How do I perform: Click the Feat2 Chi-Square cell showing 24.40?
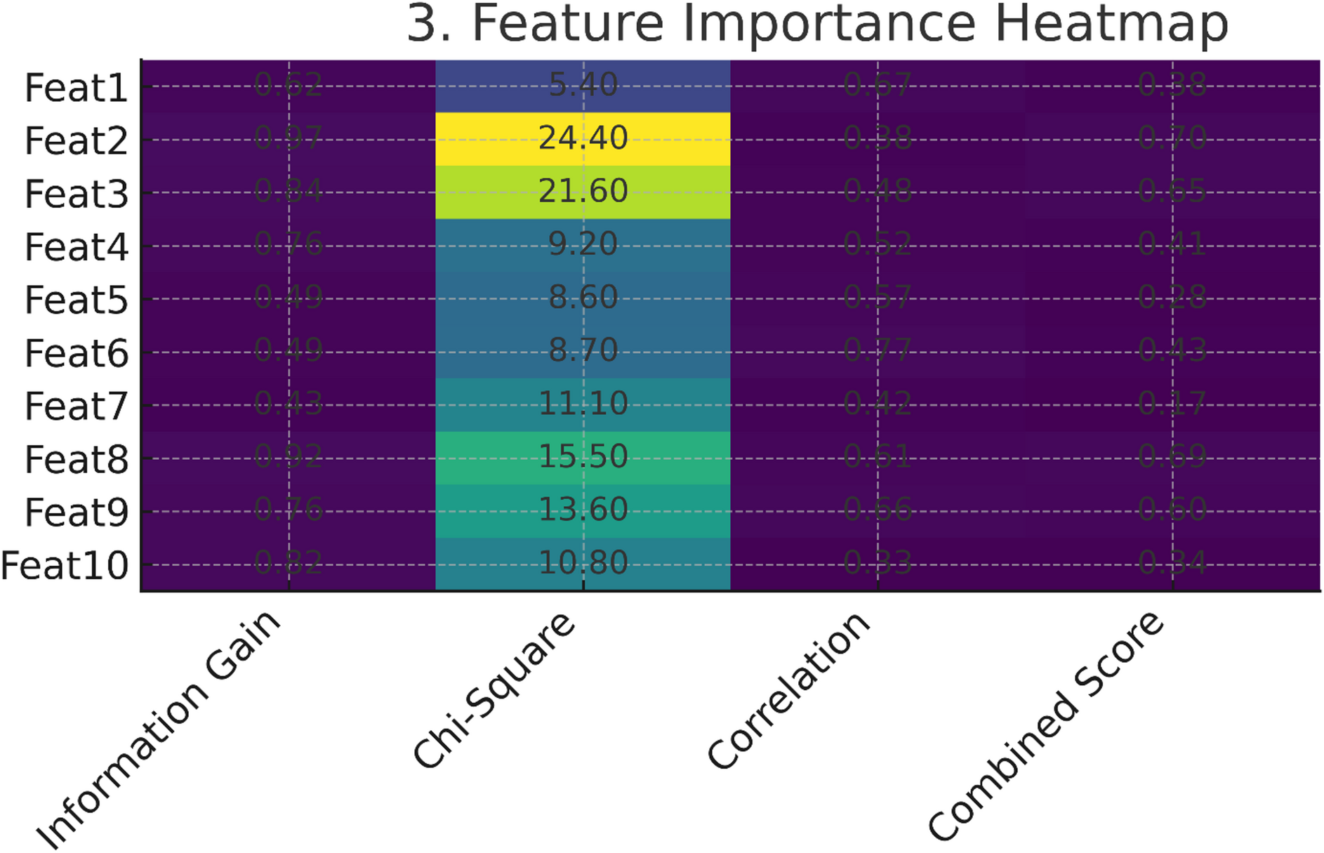point(583,138)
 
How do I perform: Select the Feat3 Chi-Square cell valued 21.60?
point(583,192)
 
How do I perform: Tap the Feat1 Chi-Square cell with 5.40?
point(583,86)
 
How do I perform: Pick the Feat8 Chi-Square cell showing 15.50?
point(583,457)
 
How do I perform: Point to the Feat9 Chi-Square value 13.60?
point(583,510)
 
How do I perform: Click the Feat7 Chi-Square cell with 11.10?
point(583,404)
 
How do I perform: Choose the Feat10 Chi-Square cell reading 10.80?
point(583,563)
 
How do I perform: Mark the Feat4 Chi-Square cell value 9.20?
point(583,244)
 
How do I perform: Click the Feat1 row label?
point(77,88)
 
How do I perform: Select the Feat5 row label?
point(77,300)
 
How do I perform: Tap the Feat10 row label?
point(65,566)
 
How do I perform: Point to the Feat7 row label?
point(77,406)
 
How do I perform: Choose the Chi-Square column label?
point(494,691)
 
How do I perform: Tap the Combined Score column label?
point(1046,726)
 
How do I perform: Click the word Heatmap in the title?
point(1111,24)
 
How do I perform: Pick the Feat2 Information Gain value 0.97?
point(289,138)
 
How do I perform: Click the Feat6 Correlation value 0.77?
point(878,350)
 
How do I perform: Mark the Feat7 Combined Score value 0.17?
point(1172,404)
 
